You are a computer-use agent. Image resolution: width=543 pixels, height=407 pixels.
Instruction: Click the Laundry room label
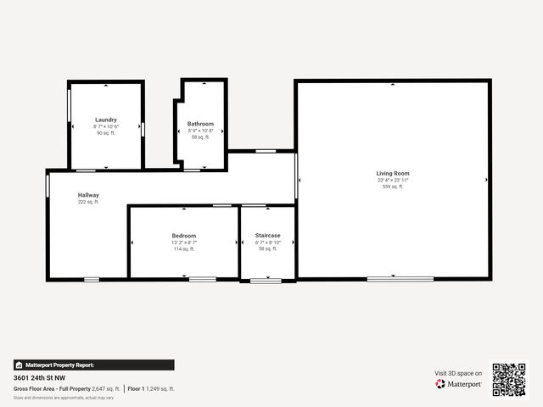(x=106, y=120)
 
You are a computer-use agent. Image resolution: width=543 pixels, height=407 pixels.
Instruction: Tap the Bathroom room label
(x=200, y=124)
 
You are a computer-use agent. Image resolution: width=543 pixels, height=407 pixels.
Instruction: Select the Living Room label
(x=393, y=174)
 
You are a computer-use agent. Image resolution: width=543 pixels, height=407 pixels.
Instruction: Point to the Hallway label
(x=88, y=196)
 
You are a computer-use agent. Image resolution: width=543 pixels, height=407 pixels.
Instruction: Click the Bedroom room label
(x=183, y=236)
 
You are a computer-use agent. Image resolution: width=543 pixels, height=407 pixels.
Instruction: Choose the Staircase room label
(x=267, y=236)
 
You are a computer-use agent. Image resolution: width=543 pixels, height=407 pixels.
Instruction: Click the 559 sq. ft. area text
(x=393, y=187)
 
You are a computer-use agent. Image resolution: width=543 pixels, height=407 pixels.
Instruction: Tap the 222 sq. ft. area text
(x=88, y=203)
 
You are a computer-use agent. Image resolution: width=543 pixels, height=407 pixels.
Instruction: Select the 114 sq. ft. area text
(x=183, y=249)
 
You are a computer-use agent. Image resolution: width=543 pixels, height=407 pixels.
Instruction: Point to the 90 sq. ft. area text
(x=106, y=133)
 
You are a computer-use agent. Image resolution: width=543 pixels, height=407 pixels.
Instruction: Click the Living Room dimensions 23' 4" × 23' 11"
(x=393, y=181)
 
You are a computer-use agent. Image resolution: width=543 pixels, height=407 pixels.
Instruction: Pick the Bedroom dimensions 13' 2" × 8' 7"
(x=183, y=243)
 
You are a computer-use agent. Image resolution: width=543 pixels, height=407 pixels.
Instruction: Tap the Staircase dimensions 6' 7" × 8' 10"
(x=267, y=243)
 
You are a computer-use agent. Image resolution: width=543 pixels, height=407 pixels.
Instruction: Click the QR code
(x=509, y=380)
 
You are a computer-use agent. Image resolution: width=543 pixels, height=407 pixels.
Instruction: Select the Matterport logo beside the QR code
(x=459, y=384)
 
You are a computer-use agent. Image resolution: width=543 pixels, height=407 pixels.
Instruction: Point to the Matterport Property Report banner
(x=93, y=365)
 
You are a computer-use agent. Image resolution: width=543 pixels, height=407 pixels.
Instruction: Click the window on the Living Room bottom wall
(x=400, y=278)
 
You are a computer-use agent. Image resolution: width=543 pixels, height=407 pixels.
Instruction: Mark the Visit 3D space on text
(x=458, y=373)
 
